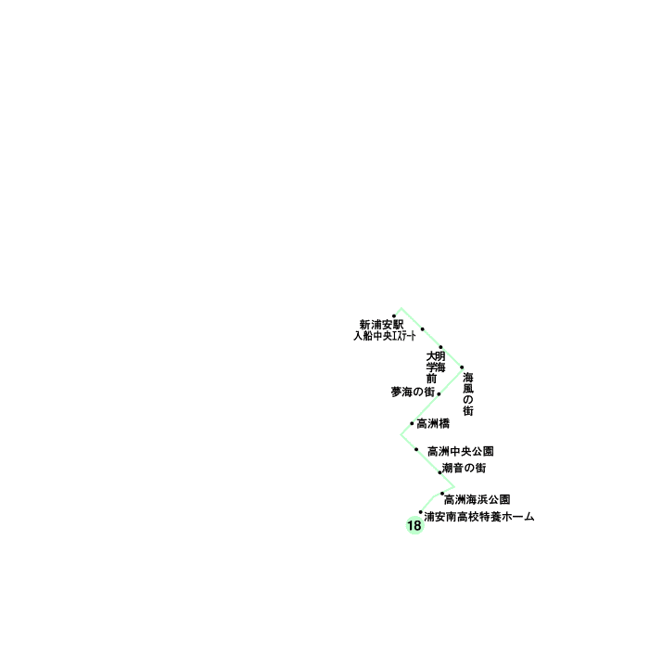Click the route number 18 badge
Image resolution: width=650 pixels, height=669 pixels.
pos(414,526)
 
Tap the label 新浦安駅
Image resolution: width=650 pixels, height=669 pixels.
pos(381,325)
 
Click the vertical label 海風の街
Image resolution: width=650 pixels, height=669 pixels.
pos(468,393)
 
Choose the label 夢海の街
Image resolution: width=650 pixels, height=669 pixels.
pos(413,392)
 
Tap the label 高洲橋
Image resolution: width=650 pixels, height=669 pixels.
pos(433,424)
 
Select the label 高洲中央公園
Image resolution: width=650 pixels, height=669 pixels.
pos(460,451)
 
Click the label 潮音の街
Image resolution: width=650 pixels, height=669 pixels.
pos(464,468)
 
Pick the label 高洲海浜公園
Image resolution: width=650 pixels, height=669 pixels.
pos(477,499)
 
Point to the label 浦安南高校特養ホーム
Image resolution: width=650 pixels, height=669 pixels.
pos(478,516)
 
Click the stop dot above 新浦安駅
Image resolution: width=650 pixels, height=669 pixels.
pos(394,315)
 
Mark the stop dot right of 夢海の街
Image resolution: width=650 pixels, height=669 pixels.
pos(439,393)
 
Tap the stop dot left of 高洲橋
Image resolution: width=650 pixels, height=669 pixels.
pos(412,423)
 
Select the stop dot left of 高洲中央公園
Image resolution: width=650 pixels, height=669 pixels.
pos(416,450)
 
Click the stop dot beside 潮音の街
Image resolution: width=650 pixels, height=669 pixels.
pos(440,472)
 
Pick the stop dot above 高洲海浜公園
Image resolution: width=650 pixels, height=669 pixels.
pos(442,494)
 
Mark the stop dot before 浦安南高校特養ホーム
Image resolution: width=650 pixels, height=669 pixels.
pos(420,512)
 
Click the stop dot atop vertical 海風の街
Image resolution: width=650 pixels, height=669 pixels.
pos(462,367)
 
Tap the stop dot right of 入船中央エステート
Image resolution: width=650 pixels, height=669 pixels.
pos(423,329)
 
